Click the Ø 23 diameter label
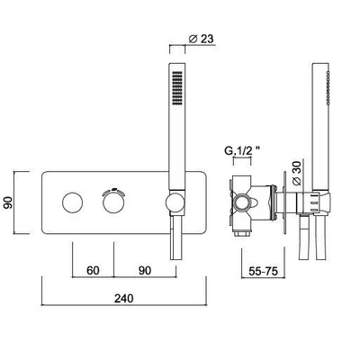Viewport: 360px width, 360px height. [x=202, y=39]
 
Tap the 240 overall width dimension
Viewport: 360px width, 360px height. [x=124, y=298]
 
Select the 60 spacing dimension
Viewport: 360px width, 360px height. [x=93, y=270]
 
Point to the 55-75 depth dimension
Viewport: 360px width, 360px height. [x=263, y=271]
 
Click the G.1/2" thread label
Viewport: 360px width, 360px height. [x=242, y=150]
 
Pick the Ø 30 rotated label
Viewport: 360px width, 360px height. [x=296, y=172]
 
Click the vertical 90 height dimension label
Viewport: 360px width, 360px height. [x=7, y=202]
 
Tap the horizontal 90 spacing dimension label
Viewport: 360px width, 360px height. [x=145, y=270]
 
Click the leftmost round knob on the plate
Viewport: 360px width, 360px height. [x=72, y=202]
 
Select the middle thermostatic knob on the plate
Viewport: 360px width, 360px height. [x=113, y=202]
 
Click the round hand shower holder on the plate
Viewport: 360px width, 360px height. [x=175, y=202]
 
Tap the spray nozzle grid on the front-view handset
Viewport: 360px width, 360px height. [x=177, y=88]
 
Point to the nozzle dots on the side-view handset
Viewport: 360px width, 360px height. [x=328, y=88]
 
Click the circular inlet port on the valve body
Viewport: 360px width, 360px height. [x=242, y=202]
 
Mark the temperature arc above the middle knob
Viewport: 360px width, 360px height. [x=113, y=192]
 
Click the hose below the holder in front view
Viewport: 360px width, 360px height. [x=176, y=238]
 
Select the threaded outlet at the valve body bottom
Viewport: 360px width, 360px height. [x=242, y=233]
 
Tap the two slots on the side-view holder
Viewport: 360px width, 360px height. [x=313, y=202]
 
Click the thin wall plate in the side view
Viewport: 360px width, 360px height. [x=284, y=202]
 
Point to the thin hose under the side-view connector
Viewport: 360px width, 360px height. [x=303, y=238]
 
